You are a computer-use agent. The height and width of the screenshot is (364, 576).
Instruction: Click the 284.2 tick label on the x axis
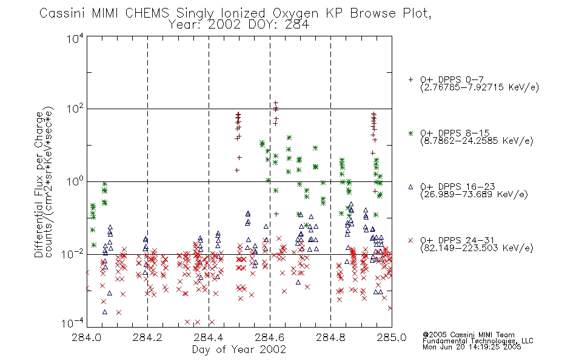(147, 337)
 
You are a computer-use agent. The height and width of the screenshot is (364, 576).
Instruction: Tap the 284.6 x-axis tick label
(270, 337)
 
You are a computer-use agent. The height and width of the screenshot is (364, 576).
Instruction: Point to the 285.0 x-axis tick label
(392, 337)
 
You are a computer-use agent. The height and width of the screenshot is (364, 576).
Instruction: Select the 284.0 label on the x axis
(86, 337)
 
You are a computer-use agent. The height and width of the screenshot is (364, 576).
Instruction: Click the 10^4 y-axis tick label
(75, 38)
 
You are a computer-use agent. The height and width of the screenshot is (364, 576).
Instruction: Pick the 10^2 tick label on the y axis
(75, 109)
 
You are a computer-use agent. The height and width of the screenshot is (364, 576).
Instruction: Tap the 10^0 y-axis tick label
(75, 181)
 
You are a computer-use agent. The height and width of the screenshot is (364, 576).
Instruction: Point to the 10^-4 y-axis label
(73, 323)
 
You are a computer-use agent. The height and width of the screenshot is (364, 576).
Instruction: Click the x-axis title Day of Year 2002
(239, 349)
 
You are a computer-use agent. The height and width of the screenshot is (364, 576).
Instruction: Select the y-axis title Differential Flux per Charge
(39, 184)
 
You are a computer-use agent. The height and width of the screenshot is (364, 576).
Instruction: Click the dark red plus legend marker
(410, 79)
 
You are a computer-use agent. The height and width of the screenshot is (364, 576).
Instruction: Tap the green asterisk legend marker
(410, 133)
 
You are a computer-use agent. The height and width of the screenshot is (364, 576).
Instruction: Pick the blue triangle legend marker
(410, 187)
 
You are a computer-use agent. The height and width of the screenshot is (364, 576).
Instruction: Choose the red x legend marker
(410, 240)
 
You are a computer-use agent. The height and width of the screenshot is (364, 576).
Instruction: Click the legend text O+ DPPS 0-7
(452, 79)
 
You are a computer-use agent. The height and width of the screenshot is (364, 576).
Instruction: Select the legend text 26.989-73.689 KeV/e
(474, 195)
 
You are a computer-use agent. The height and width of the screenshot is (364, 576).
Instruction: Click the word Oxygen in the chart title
(295, 13)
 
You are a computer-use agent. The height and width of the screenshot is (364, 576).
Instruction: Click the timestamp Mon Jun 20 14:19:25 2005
(472, 347)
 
